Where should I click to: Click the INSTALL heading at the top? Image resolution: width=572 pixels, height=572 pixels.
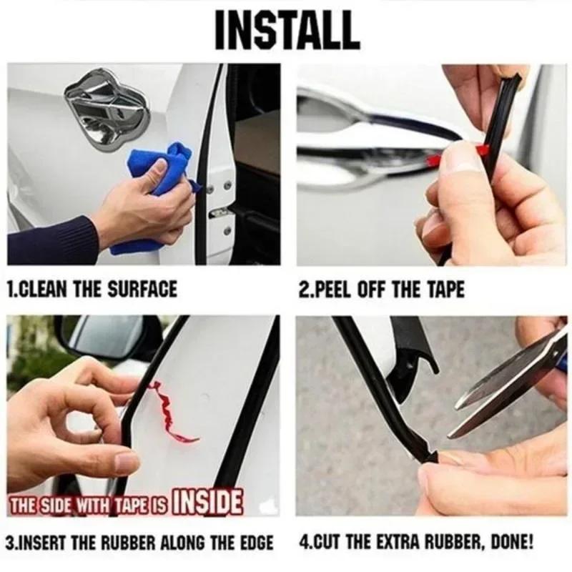point(286,30)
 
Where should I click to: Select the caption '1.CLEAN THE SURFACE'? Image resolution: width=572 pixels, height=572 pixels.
point(91,290)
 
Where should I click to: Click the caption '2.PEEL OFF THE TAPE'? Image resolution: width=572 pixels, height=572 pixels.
point(381,290)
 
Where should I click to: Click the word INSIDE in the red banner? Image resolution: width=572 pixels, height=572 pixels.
point(208,502)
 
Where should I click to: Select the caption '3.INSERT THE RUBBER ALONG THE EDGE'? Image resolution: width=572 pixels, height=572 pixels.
point(139,543)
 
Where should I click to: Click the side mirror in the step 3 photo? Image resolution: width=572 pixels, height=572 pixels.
point(107,336)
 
